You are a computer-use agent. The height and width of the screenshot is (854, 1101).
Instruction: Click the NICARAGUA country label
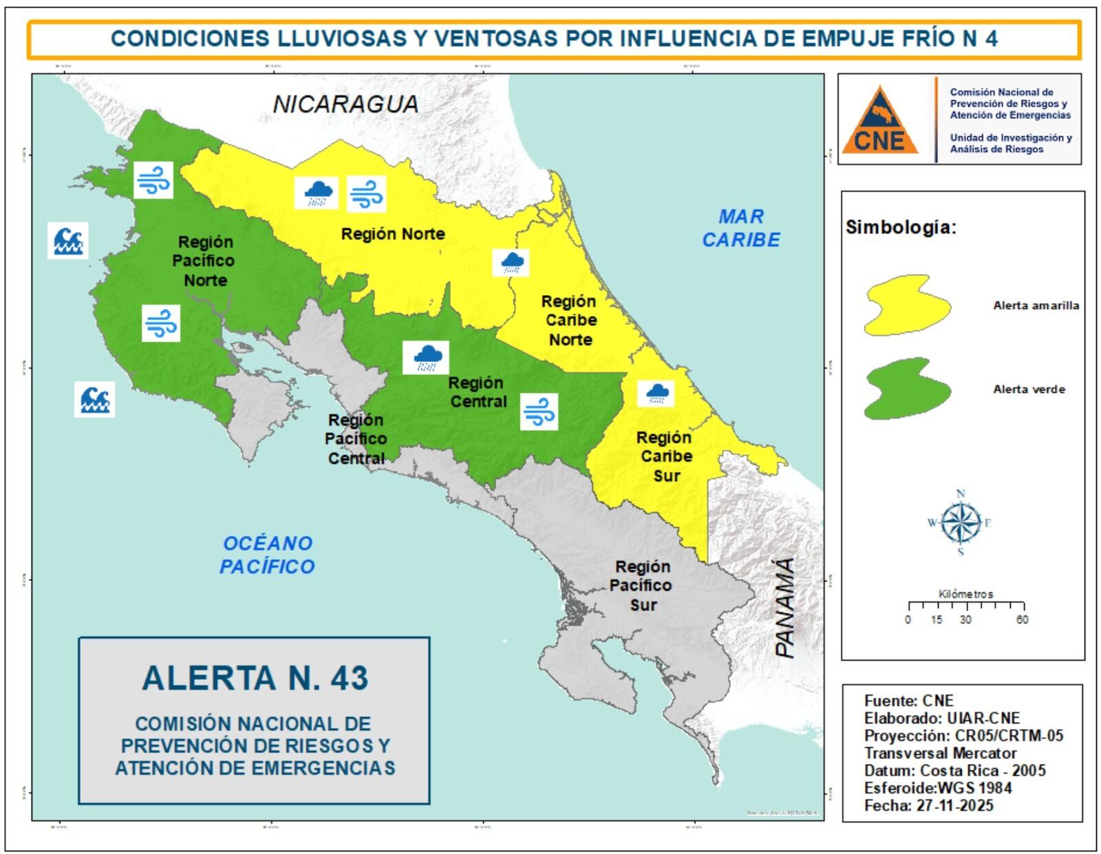coord(345,104)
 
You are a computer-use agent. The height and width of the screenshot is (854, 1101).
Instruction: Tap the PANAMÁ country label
coord(785,607)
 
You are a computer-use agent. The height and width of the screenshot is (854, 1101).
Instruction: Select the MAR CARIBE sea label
coord(741,228)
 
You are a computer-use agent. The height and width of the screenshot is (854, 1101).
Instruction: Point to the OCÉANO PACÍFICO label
coord(267,555)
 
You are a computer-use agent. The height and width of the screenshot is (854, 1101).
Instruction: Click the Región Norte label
coord(393,234)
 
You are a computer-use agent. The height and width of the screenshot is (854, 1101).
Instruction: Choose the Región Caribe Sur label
coord(665,456)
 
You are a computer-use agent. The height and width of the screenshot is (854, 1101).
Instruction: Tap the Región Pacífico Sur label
coord(642,586)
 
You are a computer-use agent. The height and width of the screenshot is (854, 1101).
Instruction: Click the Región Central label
coord(478,392)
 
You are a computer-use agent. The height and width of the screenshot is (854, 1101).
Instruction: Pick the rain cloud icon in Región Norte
coord(317,193)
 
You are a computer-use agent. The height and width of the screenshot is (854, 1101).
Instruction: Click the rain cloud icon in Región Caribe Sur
coord(656,394)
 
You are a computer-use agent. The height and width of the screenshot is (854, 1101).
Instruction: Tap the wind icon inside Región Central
coord(539,412)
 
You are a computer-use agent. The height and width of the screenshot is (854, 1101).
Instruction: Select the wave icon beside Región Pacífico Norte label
coord(67,240)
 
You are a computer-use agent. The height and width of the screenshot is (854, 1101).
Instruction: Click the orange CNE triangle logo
coord(880,122)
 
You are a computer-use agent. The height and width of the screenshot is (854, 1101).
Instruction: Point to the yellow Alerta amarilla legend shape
coord(907,305)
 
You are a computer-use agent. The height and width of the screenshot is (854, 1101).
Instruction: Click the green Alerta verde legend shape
coord(907,389)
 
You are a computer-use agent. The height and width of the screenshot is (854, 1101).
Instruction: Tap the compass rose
coord(961,523)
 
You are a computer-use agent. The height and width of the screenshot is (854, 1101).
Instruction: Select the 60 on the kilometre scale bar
coord(1022,620)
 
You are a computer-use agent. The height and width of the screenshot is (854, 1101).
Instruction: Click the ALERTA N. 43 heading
coord(255,678)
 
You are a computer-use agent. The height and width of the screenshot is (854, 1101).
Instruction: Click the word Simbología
coord(900,228)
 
